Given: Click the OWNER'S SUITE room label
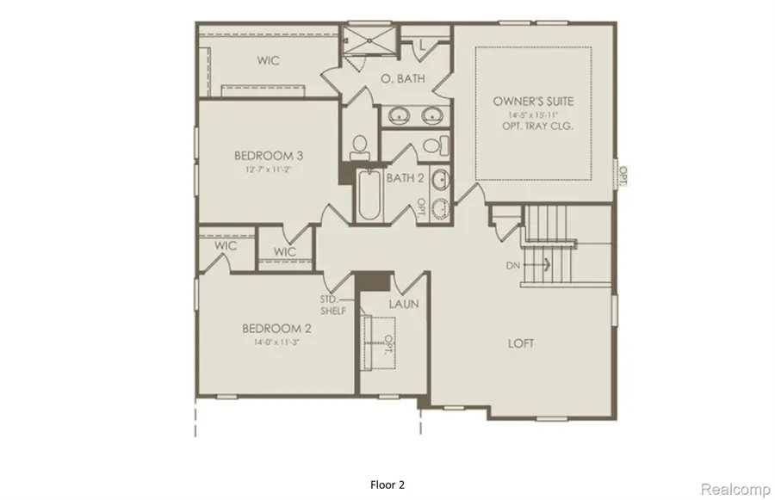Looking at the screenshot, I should (x=533, y=102).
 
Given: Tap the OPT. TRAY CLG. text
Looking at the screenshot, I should (x=533, y=126).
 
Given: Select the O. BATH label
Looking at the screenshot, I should (x=400, y=79).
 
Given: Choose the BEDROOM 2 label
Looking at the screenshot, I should (x=276, y=328).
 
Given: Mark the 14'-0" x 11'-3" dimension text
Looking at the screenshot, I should (x=276, y=341).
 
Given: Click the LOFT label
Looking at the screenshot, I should (x=520, y=343).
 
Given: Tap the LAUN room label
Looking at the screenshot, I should (x=403, y=305).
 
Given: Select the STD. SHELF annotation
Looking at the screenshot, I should (x=333, y=305).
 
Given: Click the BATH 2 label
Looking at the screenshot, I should (x=404, y=178).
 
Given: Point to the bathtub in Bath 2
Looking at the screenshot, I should (x=368, y=197).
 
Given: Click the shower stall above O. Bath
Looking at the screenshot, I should (x=368, y=40).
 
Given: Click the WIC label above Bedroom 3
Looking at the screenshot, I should (x=270, y=61).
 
